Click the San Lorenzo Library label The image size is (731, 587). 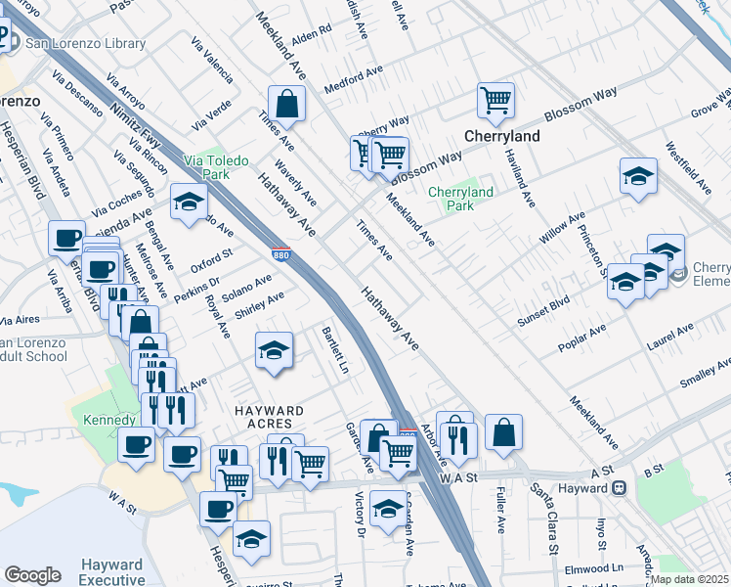pos(85,43)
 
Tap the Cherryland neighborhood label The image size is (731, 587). pos(501,136)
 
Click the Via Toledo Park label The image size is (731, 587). pos(215,167)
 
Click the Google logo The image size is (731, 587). pos(32,575)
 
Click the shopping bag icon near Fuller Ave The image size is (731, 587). pos(503,432)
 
